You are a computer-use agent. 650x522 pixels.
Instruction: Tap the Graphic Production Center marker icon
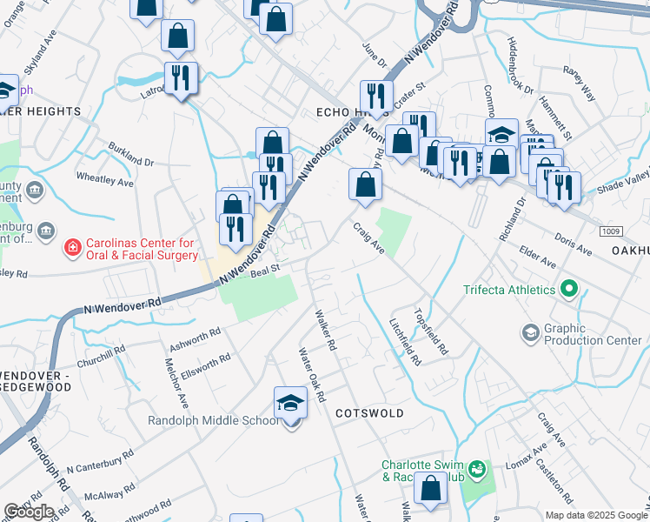pos(530,332)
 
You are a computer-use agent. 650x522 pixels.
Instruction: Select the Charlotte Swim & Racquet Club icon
pos(476,471)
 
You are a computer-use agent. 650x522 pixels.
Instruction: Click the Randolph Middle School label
pos(224,421)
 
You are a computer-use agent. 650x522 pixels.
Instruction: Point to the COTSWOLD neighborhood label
pos(369,413)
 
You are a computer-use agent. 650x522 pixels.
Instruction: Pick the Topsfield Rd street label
pos(431,332)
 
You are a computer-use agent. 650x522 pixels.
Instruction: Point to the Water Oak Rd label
pos(311,375)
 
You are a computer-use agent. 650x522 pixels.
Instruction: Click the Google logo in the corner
pos(29,512)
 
